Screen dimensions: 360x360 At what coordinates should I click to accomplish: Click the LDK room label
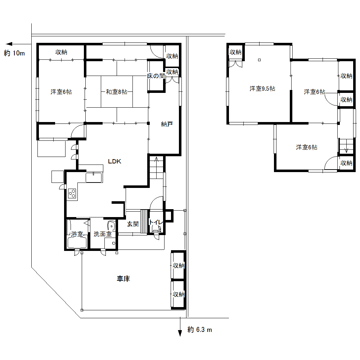point(114,161)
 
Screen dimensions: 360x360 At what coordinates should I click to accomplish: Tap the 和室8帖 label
point(117,92)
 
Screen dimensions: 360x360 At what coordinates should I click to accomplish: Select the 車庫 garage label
point(123,279)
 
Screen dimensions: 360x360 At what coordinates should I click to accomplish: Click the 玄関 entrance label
point(133,224)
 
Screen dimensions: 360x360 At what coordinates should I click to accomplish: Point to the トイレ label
point(156,222)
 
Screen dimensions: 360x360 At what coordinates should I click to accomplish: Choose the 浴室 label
point(77,234)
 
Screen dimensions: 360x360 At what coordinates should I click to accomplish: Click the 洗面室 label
point(103,234)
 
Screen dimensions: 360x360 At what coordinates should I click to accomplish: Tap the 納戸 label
point(167,124)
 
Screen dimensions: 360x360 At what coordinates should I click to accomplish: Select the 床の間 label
point(156,76)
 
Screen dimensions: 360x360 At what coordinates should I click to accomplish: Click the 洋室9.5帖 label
point(262,89)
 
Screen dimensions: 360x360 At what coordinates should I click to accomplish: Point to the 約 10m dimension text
point(14,53)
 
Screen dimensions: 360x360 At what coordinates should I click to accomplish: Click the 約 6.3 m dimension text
point(200,330)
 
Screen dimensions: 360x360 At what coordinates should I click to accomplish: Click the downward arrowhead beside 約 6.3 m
point(180,333)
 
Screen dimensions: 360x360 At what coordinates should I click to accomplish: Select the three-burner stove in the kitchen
point(72,193)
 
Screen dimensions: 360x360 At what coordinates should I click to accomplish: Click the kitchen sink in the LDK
point(94,177)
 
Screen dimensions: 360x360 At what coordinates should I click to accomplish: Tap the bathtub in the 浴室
point(77,243)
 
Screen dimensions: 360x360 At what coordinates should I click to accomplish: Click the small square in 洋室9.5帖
point(260,60)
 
